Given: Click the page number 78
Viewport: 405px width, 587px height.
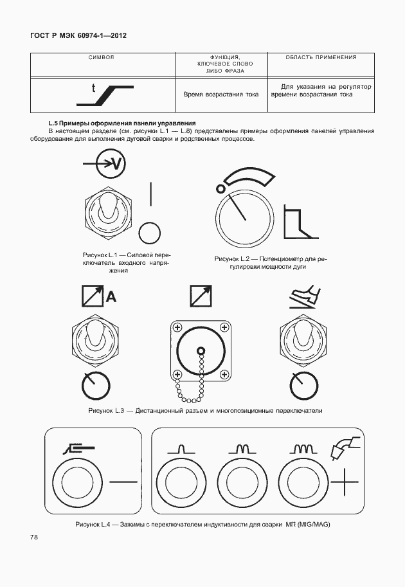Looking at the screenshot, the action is tap(34, 537).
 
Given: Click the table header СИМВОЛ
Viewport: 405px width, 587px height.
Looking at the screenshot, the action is tap(102, 57).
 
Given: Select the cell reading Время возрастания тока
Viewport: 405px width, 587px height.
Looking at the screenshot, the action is tap(221, 95).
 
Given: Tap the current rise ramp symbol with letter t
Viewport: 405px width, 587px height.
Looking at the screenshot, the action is tap(105, 95).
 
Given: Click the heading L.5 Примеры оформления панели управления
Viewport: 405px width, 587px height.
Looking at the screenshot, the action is tap(122, 123).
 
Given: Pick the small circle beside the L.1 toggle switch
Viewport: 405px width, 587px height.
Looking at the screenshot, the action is tap(149, 233).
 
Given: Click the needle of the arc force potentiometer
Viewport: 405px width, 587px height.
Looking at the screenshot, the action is tap(237, 206).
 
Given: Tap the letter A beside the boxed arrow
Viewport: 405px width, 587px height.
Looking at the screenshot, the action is tap(111, 297).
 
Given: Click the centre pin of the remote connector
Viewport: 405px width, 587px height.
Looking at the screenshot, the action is tap(201, 351).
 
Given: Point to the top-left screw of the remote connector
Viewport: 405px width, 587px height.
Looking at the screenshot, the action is tap(177, 327).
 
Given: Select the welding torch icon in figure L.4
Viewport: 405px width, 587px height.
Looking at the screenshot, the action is tap(345, 447).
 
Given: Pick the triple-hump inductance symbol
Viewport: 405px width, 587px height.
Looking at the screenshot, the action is tap(303, 449).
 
